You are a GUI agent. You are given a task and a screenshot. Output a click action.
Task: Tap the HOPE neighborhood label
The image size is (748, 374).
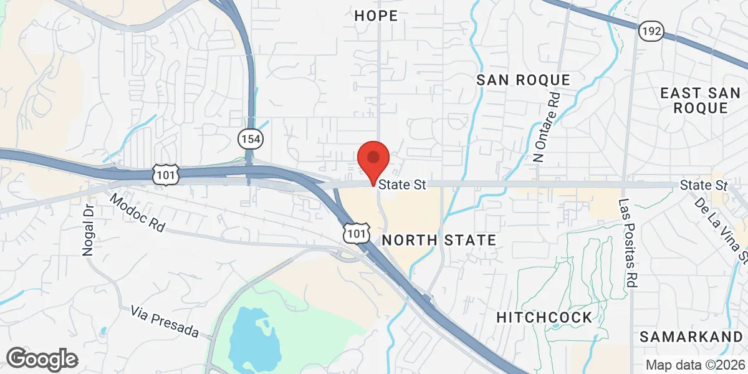[376, 16]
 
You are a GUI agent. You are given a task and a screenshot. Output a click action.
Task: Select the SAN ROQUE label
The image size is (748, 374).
[523, 80]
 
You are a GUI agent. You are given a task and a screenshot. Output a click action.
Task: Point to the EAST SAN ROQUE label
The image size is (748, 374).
[702, 100]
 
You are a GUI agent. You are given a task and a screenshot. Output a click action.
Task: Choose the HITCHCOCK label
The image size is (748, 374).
[544, 317]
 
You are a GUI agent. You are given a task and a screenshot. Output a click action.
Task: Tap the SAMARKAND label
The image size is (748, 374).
[691, 337]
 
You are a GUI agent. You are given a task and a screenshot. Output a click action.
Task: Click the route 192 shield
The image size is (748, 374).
[651, 30]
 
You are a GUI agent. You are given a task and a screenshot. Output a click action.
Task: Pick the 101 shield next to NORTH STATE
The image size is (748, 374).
[354, 234]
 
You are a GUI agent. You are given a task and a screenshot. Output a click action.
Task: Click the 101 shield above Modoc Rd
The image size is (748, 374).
[166, 175]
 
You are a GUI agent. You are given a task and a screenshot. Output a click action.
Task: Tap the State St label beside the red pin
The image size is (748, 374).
[402, 185]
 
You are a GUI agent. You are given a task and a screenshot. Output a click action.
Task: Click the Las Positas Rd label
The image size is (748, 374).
[626, 243]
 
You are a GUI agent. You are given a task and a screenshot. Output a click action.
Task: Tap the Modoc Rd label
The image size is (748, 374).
[138, 213]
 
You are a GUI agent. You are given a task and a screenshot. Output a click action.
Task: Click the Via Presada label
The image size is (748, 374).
[165, 321]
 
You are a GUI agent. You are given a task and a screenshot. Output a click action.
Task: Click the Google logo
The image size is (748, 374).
[42, 359]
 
